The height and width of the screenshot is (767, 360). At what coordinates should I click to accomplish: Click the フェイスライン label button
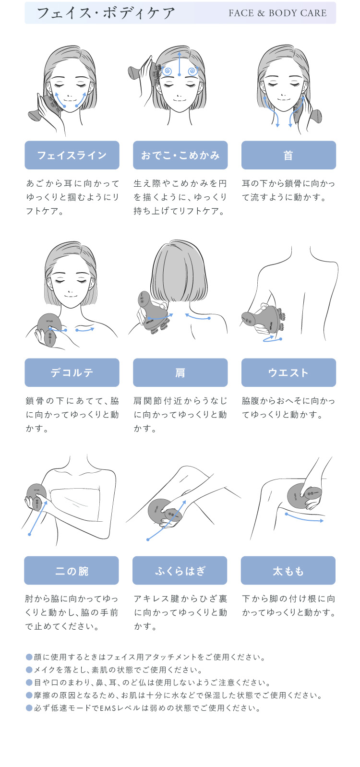tap(72, 155)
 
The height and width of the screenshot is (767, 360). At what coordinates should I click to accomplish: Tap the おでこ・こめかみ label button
tap(180, 155)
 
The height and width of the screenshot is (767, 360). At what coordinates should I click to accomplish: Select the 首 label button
tap(288, 155)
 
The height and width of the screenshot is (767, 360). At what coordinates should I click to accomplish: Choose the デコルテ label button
tap(72, 372)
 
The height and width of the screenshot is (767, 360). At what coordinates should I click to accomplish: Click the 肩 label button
tap(180, 372)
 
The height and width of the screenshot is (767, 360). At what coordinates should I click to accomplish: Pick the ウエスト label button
tap(288, 372)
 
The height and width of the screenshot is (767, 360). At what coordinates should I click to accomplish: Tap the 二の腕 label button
tap(72, 571)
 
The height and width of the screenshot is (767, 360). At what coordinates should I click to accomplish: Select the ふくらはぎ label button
tap(180, 571)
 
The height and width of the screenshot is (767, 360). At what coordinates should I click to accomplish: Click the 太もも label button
tap(288, 571)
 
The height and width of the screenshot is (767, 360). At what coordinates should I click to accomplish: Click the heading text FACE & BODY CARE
tap(277, 13)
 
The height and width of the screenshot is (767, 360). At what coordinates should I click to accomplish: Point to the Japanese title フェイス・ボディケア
tap(106, 13)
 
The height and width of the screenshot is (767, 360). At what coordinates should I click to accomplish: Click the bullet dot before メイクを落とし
tap(29, 670)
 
